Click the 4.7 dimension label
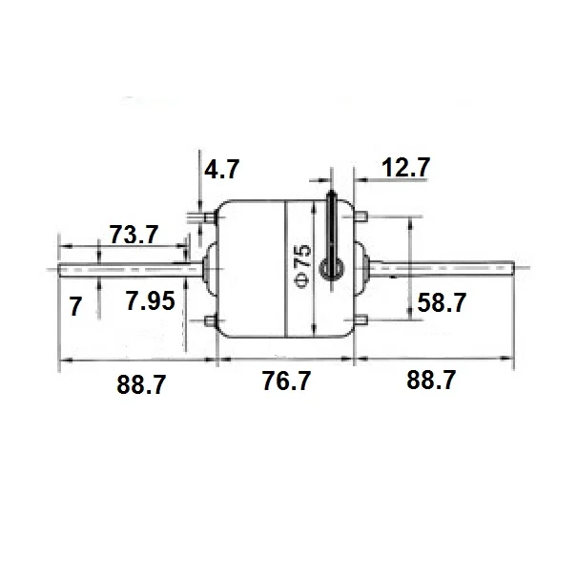221,171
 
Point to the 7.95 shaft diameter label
151,303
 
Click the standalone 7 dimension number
76,306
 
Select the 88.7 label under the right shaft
430,381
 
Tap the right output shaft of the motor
448,270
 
